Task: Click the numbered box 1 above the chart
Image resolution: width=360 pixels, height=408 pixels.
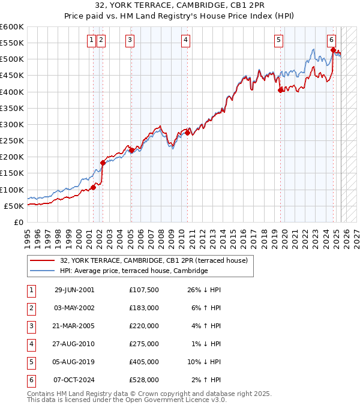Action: [x=91, y=40]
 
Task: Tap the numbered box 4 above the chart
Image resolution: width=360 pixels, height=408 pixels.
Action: [x=186, y=40]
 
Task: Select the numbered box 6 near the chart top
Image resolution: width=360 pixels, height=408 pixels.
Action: [x=332, y=40]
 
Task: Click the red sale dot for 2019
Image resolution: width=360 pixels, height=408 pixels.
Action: [x=280, y=91]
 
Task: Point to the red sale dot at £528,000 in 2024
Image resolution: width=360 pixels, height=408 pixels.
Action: [x=333, y=50]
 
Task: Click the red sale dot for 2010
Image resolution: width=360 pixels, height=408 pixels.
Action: [x=188, y=133]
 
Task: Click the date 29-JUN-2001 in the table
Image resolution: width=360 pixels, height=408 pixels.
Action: [x=74, y=290]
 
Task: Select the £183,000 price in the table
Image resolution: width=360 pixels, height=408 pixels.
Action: [x=144, y=308]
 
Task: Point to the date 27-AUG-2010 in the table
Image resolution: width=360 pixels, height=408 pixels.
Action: [x=74, y=344]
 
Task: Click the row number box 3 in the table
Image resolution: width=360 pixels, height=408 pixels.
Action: [x=31, y=326]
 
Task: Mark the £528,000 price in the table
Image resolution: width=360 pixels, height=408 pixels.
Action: [x=144, y=380]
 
